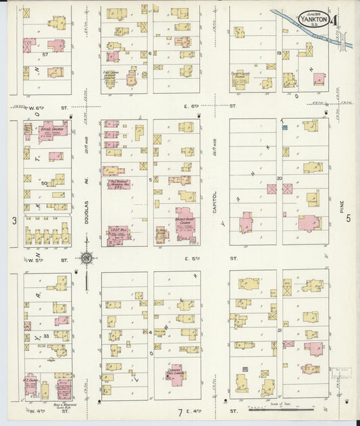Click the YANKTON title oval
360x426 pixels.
[315, 18]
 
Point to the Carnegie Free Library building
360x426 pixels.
[176, 375]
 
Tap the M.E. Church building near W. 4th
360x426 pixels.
[31, 385]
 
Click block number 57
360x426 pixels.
[45, 53]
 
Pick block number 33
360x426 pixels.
[46, 335]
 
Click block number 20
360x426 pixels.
[279, 178]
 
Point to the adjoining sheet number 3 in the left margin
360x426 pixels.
[13, 221]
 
